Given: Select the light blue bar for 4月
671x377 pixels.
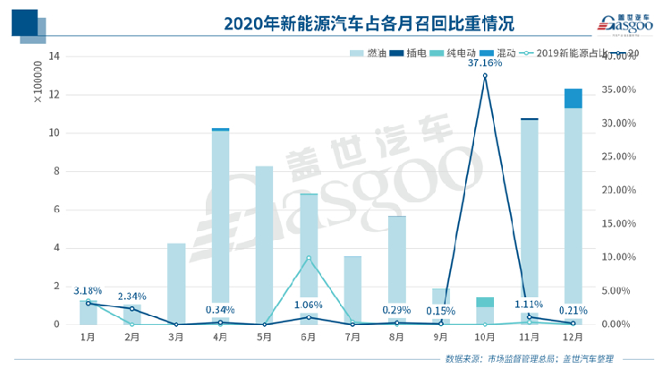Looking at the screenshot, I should pyautogui.click(x=220, y=224).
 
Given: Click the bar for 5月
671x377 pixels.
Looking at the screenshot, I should pyautogui.click(x=264, y=242).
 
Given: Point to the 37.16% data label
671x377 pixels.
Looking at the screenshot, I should pyautogui.click(x=484, y=63).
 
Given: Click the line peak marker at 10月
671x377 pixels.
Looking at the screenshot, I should pyautogui.click(x=484, y=76).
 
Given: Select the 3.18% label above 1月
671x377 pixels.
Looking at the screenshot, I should pyautogui.click(x=88, y=291).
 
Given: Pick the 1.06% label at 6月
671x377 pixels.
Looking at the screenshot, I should pyautogui.click(x=308, y=304).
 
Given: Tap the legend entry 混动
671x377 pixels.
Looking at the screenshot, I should pyautogui.click(x=491, y=54).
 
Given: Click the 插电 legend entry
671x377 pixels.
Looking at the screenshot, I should pyautogui.click(x=407, y=54).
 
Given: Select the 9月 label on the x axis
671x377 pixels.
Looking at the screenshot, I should pyautogui.click(x=440, y=338).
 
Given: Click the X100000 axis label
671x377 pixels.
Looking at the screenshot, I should pyautogui.click(x=38, y=82).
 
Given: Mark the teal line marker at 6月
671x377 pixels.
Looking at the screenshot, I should pyautogui.click(x=308, y=258).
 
